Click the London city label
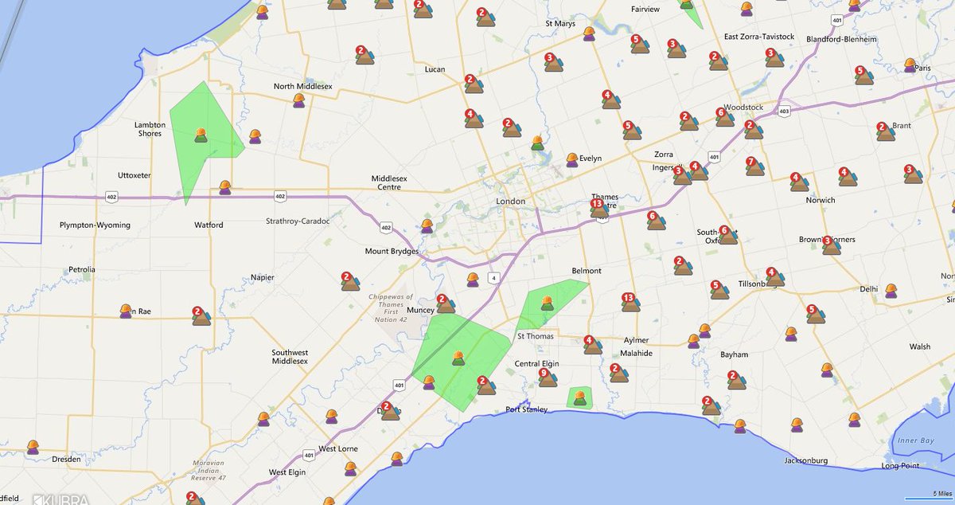(x=510, y=202)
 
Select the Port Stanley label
(x=527, y=410)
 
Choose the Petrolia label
(x=81, y=269)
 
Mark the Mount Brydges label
(x=392, y=252)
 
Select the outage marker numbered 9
(x=547, y=378)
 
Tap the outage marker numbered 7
(x=754, y=166)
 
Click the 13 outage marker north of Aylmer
(x=630, y=302)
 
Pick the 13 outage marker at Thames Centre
(x=598, y=208)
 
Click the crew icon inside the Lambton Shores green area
(x=201, y=135)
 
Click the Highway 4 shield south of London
(x=494, y=277)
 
